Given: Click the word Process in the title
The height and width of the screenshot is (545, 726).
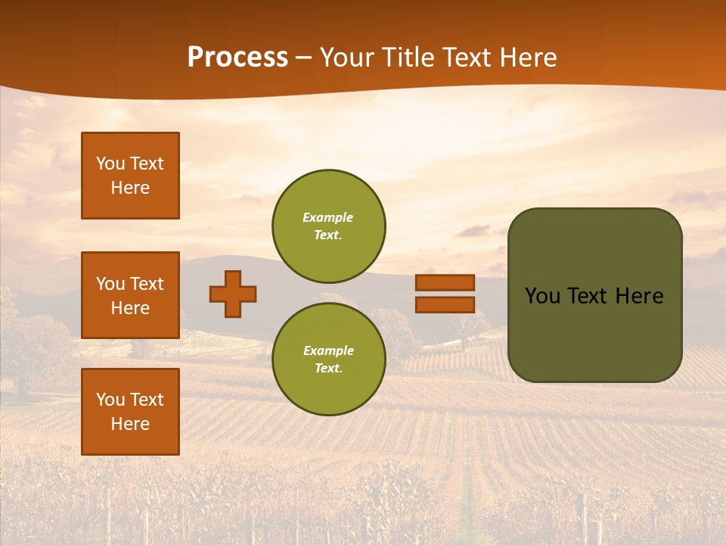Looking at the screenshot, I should [x=237, y=58].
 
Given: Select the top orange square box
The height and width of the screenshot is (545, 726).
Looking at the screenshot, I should [x=130, y=176].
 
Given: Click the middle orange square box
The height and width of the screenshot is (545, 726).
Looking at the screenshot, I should [x=130, y=295].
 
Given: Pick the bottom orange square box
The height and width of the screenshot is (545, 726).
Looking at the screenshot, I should [x=130, y=412].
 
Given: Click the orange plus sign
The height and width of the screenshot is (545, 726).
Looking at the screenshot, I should [x=233, y=294].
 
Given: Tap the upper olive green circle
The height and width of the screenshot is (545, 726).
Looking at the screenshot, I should [x=329, y=226].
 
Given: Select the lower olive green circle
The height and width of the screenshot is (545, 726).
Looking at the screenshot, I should [x=329, y=360].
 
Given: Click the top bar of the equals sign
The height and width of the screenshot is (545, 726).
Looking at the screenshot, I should [x=445, y=283].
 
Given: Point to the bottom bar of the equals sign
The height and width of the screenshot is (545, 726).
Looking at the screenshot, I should [x=445, y=305].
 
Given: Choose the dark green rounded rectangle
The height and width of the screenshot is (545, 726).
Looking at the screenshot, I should [x=595, y=295].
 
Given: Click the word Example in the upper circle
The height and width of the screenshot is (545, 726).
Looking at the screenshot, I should [x=328, y=217].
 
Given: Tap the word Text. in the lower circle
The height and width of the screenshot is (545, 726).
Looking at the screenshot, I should [x=328, y=369].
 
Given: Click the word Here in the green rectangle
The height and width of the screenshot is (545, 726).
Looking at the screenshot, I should [x=639, y=296].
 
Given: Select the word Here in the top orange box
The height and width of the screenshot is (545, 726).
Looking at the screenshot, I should [x=130, y=188].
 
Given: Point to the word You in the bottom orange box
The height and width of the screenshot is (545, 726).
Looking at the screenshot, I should [x=110, y=400].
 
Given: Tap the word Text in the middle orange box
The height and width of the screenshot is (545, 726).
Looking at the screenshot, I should [x=147, y=284].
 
